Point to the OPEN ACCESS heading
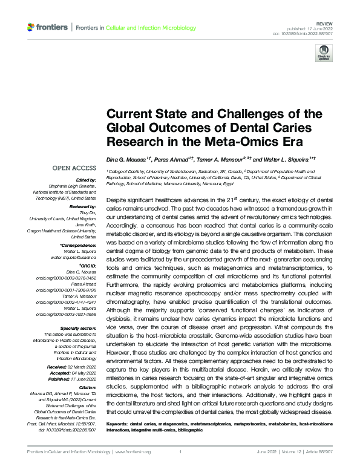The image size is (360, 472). tap(74, 168)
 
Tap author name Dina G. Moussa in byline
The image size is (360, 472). tap(127, 159)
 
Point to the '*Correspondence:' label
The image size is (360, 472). tap(78, 246)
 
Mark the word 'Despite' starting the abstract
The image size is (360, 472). tap(116, 198)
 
